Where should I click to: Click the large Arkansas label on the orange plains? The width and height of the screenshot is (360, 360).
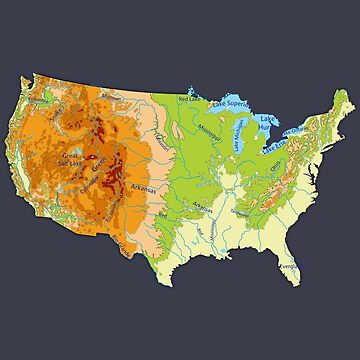pyautogui.click(x=146, y=188)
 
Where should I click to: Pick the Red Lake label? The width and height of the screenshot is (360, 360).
pyautogui.click(x=187, y=99)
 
